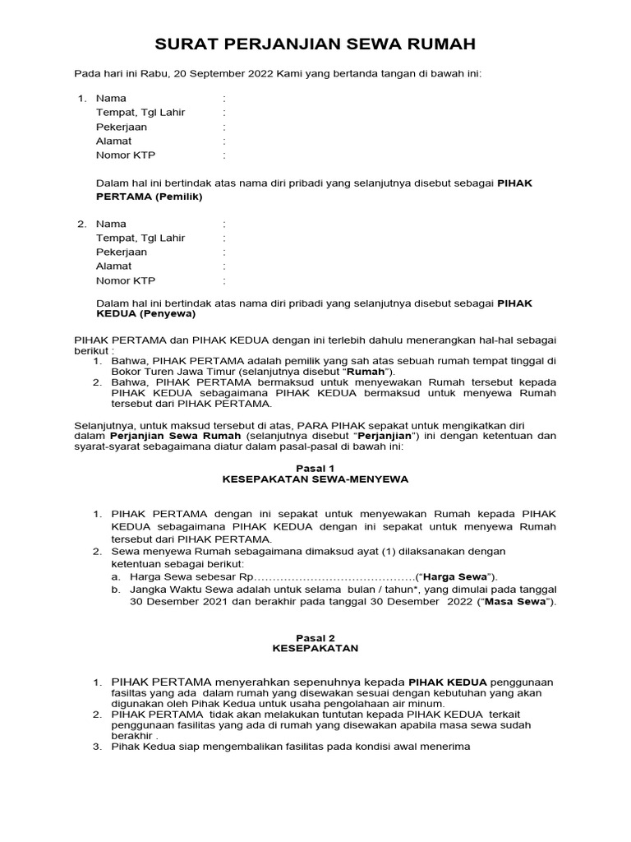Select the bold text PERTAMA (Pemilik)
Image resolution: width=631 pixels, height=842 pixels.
coord(149,197)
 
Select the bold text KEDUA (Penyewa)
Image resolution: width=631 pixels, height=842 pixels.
coord(146,314)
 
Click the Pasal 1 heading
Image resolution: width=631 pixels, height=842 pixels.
coord(315,466)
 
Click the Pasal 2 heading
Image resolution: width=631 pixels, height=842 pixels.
coord(315,637)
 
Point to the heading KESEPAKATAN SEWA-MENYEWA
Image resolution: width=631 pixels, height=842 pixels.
coord(315,478)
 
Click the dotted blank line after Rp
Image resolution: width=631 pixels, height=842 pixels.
coord(335,576)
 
